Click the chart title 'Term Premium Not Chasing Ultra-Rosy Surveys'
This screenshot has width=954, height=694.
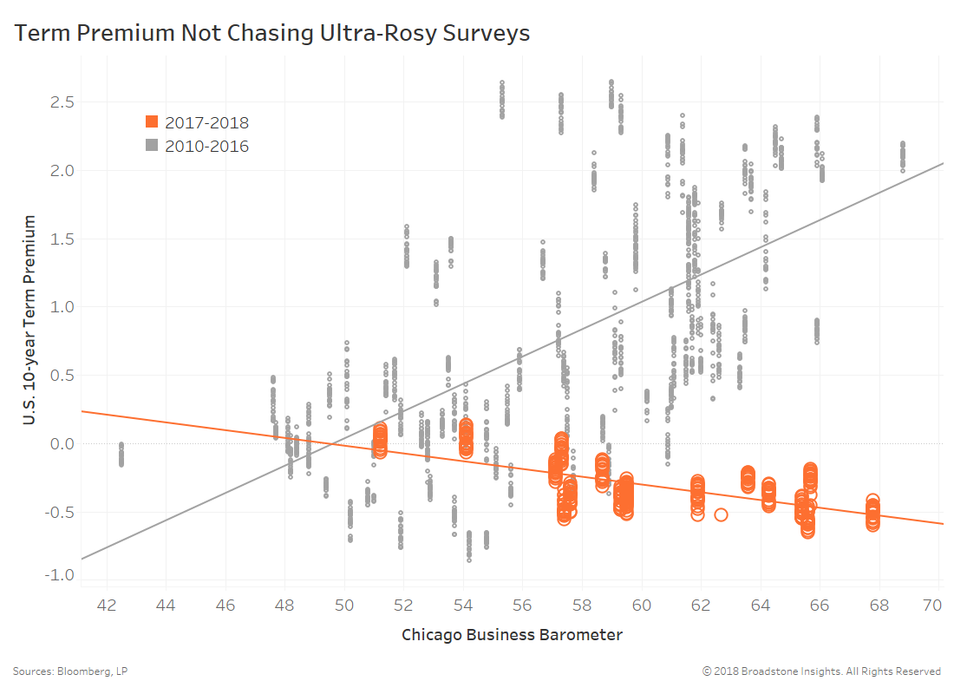tap(271, 33)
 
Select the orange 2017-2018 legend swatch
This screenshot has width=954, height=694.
tap(152, 122)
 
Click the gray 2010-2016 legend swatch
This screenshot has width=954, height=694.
tap(152, 147)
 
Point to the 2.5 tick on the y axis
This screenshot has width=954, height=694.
tap(58, 102)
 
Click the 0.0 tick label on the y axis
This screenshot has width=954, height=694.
tap(58, 444)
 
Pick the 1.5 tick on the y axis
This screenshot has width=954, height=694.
tap(58, 239)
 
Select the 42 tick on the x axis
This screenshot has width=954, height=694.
tap(108, 604)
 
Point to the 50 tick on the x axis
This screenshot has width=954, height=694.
tap(345, 604)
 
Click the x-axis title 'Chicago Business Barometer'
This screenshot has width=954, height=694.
tap(512, 635)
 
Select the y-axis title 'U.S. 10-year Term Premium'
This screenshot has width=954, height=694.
tap(29, 321)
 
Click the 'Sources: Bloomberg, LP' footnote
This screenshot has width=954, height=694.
tap(70, 671)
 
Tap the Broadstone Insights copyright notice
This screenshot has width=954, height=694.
tap(821, 671)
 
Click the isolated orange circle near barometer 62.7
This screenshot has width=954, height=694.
tap(721, 514)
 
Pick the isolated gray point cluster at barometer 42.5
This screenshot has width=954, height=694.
tap(121, 455)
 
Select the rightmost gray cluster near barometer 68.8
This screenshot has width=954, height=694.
tap(903, 156)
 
